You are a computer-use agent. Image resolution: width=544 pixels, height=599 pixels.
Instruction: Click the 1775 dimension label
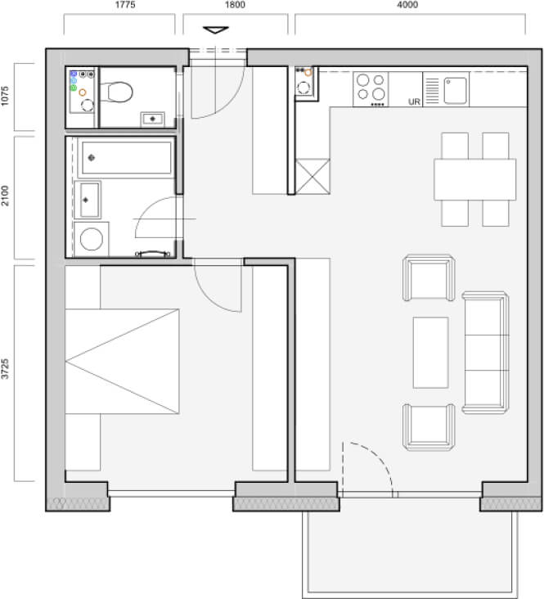(x=125, y=5)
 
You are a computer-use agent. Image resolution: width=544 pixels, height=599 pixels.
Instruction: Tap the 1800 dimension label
(x=235, y=5)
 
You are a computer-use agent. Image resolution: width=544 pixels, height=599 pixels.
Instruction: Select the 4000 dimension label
(x=407, y=5)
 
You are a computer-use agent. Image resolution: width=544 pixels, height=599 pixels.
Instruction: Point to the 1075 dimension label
(x=5, y=96)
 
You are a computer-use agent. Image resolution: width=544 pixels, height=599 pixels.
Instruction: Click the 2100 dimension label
(x=5, y=196)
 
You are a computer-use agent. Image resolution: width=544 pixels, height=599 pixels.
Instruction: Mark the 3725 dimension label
(x=5, y=368)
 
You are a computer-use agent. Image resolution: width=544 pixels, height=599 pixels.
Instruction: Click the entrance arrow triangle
(x=215, y=29)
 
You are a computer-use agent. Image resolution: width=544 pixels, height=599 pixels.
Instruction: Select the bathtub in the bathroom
(x=126, y=158)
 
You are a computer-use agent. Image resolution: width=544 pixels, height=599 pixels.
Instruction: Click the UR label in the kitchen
(x=414, y=101)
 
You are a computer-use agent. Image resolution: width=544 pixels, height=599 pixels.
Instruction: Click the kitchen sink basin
(x=456, y=91)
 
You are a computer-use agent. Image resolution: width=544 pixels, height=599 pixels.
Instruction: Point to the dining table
(x=474, y=179)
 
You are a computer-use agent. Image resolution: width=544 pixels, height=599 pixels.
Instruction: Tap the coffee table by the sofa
(x=430, y=353)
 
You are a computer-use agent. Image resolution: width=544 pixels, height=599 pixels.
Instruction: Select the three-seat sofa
(x=485, y=353)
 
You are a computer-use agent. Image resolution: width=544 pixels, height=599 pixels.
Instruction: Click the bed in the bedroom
(x=122, y=362)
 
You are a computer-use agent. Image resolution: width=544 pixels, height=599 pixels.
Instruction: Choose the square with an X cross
(x=312, y=177)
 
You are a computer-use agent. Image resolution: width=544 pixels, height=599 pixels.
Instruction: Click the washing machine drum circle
(x=92, y=239)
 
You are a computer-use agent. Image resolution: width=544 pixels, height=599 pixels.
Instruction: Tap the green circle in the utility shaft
(x=74, y=88)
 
